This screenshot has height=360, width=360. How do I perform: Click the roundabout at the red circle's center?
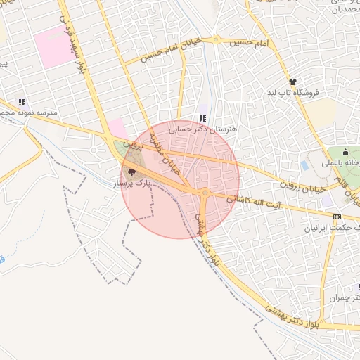[x=205, y=192]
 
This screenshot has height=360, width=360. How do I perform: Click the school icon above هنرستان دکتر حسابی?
[x=203, y=118]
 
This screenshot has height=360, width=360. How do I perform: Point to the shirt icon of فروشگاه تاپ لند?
[x=292, y=82]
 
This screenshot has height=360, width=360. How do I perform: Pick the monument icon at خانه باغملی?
[x=345, y=153]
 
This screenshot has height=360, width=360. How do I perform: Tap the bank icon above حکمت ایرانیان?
[x=337, y=217]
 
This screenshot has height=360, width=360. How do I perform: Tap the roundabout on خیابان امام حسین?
[x=217, y=39]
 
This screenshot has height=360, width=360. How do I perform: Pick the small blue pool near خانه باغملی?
[x=304, y=165]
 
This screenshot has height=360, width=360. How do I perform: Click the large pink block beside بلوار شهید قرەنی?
[x=53, y=47]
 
